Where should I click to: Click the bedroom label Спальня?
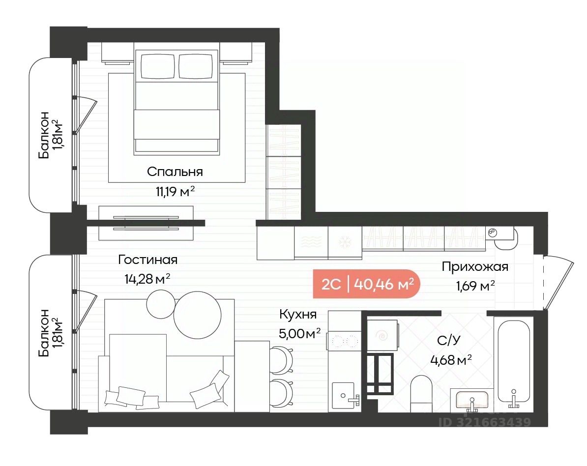coord(175,172)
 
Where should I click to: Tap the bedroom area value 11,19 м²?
coord(175,192)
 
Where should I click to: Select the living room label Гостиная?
coord(147,260)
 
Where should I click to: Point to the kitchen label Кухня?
coord(298,315)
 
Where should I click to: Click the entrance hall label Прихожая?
coord(475,267)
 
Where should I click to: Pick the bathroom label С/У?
coord(449,340)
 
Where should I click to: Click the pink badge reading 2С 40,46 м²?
coord(367,284)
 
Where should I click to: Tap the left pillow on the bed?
coord(158,66)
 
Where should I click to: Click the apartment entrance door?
coord(558,283)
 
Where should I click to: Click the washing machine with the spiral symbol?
coord(382,335)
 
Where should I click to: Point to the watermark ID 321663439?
coord(485,422)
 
